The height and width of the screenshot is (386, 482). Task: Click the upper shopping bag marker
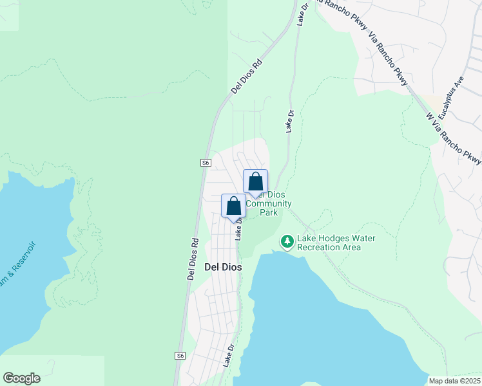pyautogui.click(x=255, y=181)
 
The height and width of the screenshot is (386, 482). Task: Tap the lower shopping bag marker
pyautogui.click(x=233, y=206)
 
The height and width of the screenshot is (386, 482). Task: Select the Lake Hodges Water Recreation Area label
pyautogui.click(x=335, y=243)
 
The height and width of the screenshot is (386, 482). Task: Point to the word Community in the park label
pyautogui.click(x=269, y=203)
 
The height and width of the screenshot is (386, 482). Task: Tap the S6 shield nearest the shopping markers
pyautogui.click(x=206, y=163)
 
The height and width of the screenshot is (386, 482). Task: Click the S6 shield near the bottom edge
pyautogui.click(x=180, y=355)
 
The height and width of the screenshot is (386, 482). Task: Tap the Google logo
pyautogui.click(x=21, y=378)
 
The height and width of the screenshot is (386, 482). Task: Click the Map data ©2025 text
pyautogui.click(x=454, y=381)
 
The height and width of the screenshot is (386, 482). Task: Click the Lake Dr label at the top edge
pyautogui.click(x=303, y=13)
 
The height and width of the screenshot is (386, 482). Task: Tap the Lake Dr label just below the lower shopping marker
pyautogui.click(x=239, y=228)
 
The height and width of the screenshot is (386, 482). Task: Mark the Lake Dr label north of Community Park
pyautogui.click(x=290, y=122)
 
